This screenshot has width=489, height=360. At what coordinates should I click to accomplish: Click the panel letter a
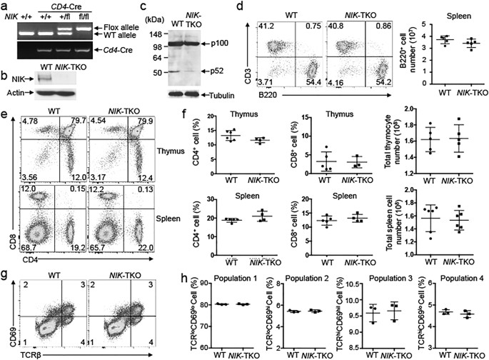4,6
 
